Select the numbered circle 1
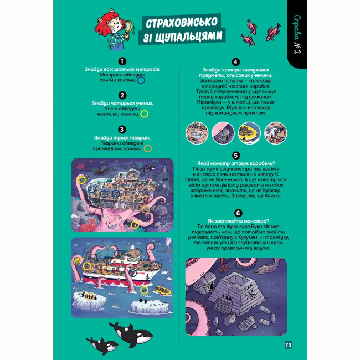122,61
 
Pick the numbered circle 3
122,129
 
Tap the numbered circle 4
236,61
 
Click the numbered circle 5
236,156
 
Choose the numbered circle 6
236,212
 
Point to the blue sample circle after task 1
141,80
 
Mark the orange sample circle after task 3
148,148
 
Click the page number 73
288,344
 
